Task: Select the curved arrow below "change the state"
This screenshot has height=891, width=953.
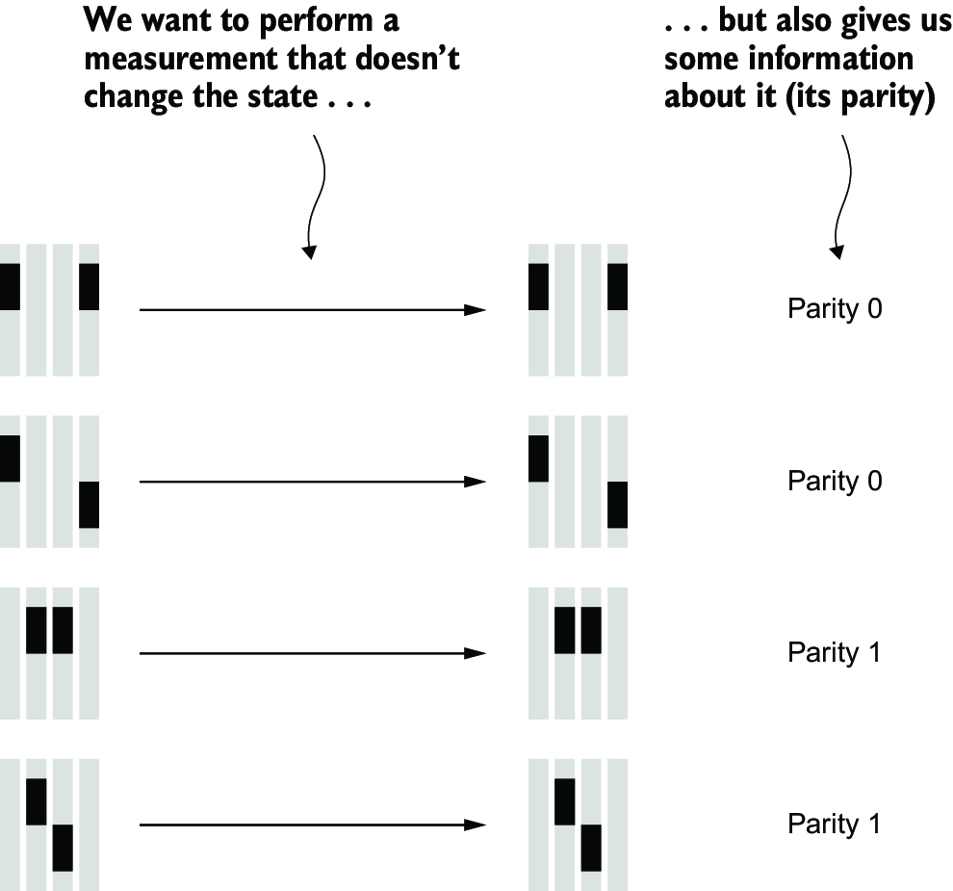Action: pyautogui.click(x=315, y=197)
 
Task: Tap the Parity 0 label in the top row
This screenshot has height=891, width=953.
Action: pyautogui.click(x=835, y=309)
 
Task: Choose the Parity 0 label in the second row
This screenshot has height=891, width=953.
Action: pyautogui.click(x=835, y=481)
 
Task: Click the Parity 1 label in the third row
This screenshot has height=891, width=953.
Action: pyautogui.click(x=834, y=652)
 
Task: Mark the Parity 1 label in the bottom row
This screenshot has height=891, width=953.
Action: pyautogui.click(x=834, y=825)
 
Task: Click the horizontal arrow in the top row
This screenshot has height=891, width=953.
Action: pyautogui.click(x=313, y=310)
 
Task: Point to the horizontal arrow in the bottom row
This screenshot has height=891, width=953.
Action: pyautogui.click(x=313, y=825)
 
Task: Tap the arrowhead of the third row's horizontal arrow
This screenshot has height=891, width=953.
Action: pyautogui.click(x=475, y=653)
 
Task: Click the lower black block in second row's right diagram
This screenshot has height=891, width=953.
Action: pyautogui.click(x=617, y=505)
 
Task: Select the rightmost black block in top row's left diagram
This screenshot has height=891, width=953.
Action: pyautogui.click(x=89, y=287)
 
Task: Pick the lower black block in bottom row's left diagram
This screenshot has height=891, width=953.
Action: pyautogui.click(x=63, y=848)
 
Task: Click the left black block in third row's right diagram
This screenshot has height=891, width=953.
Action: pyautogui.click(x=565, y=630)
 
